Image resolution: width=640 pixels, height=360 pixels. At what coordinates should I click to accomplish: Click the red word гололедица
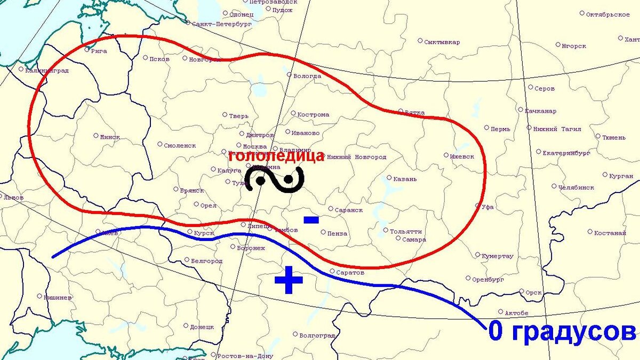coord(276,156)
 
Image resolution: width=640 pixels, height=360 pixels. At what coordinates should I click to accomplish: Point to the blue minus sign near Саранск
coord(311,219)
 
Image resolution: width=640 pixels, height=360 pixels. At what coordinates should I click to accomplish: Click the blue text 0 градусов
coord(562,332)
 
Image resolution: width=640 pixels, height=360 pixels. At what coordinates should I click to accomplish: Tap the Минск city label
coord(110,137)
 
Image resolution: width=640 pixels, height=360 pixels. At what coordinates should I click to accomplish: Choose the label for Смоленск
coord(180,145)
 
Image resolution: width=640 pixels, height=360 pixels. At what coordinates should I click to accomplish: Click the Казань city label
coord(405,179)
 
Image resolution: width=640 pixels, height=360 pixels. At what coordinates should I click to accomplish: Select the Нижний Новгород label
coord(356,157)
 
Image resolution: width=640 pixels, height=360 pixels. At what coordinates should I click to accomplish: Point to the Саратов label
coord(351,273)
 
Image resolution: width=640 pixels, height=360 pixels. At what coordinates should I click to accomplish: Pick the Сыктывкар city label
coord(442,42)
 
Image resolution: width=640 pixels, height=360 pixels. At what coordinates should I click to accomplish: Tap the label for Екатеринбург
coord(566,153)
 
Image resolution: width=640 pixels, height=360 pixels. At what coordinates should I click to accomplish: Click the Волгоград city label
coord(317,335)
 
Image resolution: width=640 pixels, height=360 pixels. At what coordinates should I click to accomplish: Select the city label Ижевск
coord(462,157)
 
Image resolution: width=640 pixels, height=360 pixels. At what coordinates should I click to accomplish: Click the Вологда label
coord(307,76)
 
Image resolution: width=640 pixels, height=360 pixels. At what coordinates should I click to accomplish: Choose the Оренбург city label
coord(488,279)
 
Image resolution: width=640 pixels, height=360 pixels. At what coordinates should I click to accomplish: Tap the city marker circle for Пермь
coord(486,127)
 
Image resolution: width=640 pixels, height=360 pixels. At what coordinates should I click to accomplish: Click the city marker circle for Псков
coord(146,58)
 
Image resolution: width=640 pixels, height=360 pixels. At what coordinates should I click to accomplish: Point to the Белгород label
coord(206,261)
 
